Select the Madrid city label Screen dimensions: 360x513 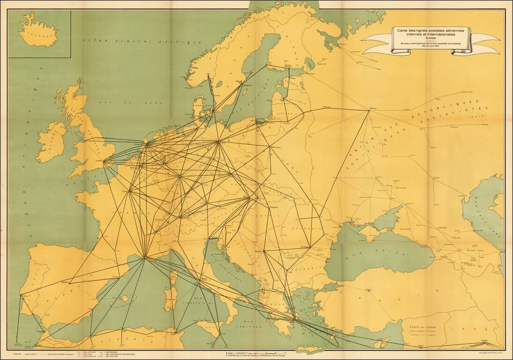coord(62,282)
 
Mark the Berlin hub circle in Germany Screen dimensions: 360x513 coord(218,142)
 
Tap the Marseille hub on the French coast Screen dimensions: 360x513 coord(146,257)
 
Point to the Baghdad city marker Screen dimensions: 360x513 coord(484,341)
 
